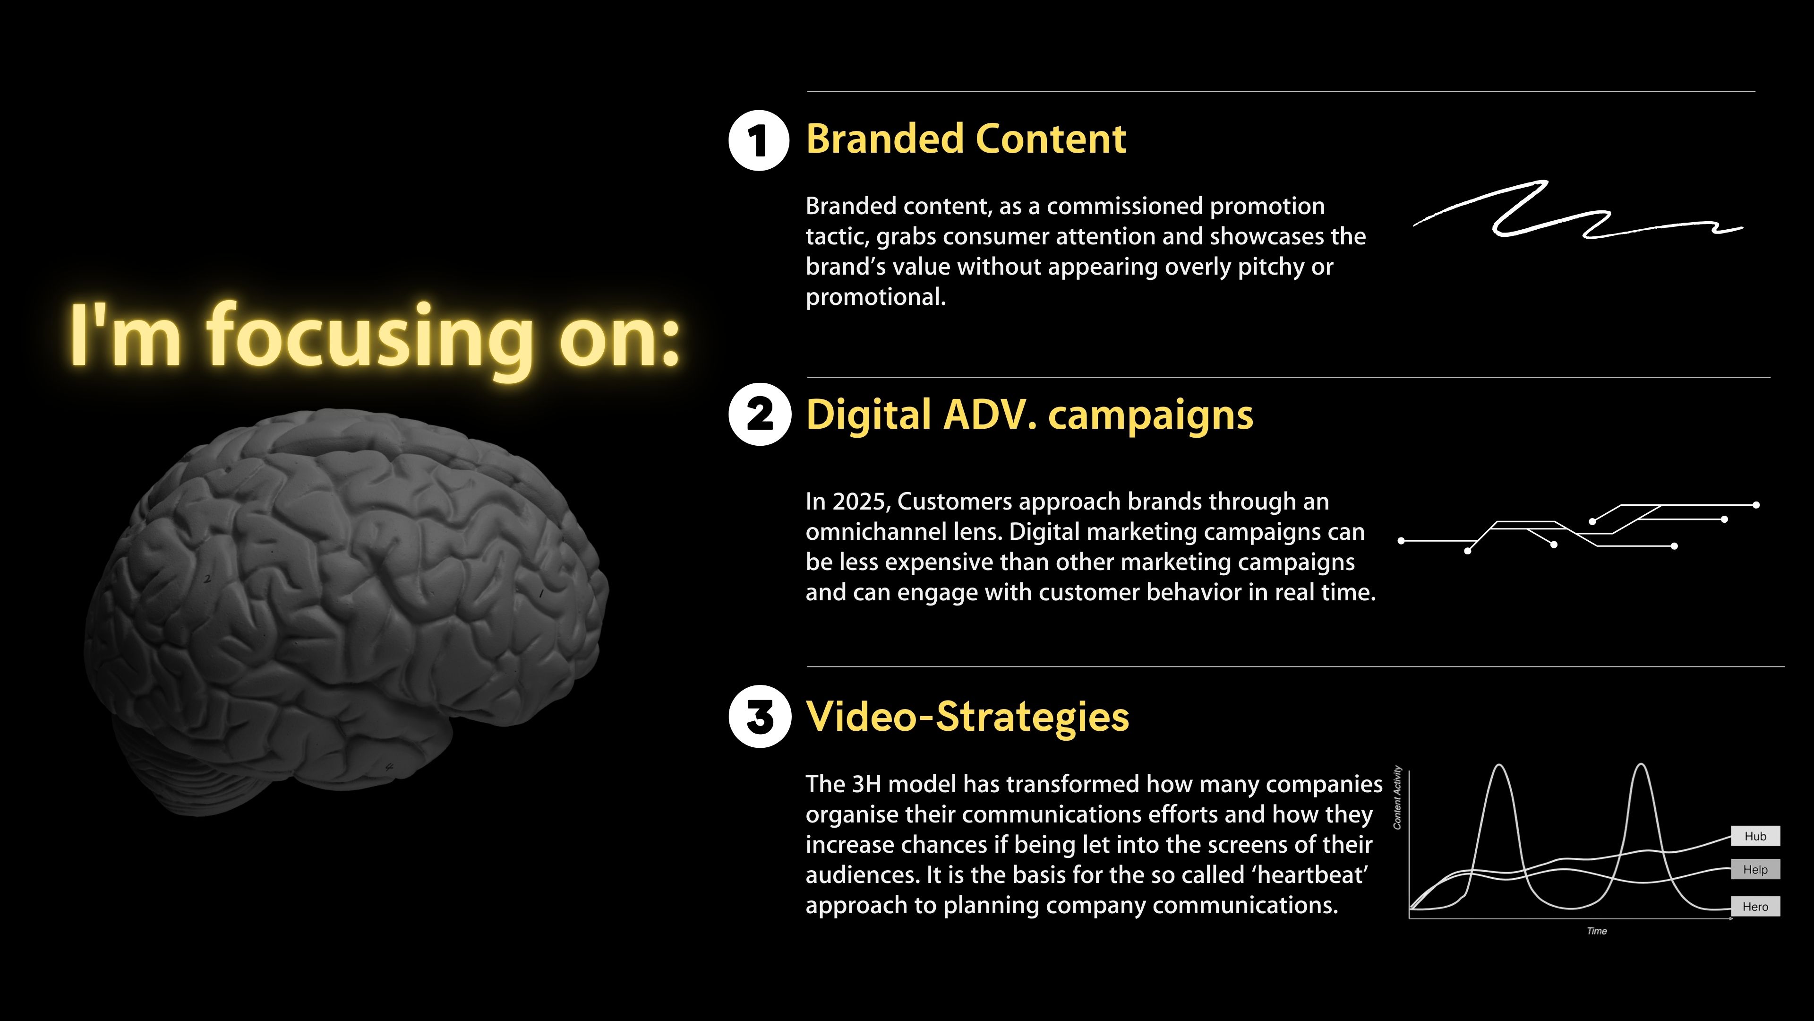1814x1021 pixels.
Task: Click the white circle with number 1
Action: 759,140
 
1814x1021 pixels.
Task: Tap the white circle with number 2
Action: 760,415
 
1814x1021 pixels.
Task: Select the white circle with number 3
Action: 760,717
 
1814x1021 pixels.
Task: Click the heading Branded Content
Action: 966,139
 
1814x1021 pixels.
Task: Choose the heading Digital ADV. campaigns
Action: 1029,415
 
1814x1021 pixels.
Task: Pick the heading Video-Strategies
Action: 967,717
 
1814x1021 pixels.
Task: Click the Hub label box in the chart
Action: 1755,836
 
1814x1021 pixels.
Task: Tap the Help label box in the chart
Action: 1755,870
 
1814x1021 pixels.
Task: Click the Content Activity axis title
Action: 1398,797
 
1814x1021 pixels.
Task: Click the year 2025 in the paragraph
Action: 863,502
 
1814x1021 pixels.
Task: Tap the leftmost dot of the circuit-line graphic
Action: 1401,541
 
